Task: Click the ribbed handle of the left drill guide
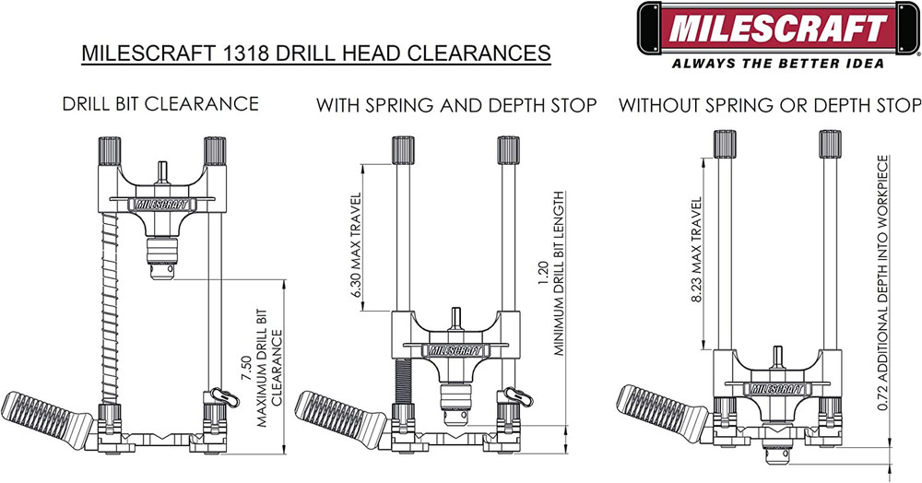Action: (41, 411)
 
